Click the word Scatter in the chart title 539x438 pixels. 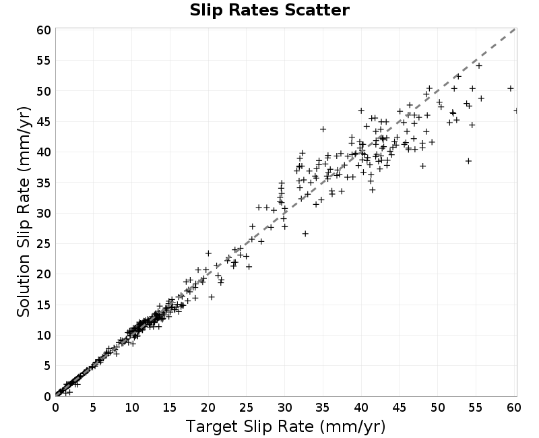[x=317, y=10]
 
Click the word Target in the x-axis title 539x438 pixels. [x=212, y=427]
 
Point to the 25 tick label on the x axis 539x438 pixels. [x=246, y=408]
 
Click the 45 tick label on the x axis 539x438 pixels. [x=399, y=408]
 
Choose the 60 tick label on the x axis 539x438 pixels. [x=514, y=408]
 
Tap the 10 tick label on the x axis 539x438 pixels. [x=131, y=408]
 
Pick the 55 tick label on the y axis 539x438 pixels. [x=44, y=61]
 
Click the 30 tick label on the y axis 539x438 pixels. [x=44, y=214]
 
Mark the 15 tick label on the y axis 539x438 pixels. [x=44, y=305]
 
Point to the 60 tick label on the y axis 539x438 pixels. [x=44, y=30]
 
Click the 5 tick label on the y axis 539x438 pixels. [x=47, y=366]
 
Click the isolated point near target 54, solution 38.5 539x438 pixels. [x=468, y=161]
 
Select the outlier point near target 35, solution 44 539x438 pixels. [x=323, y=129]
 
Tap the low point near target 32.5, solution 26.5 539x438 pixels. [x=305, y=233]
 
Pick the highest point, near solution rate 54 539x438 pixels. [x=479, y=65]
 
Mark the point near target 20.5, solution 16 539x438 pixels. [x=212, y=296]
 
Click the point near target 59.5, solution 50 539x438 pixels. [x=511, y=88]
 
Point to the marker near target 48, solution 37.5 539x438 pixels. [x=423, y=166]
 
